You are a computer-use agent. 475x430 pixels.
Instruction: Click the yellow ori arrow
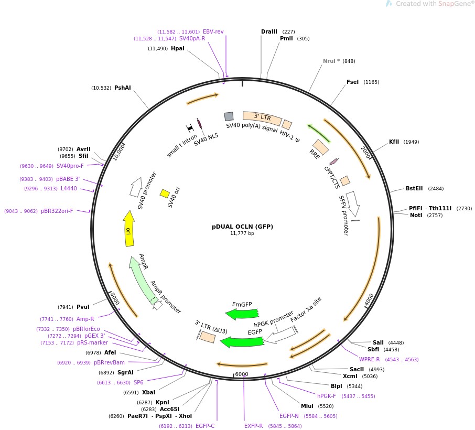pos(129,229)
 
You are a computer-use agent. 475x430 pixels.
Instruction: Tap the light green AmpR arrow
pos(142,279)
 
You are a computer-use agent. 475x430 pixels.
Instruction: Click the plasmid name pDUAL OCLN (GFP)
pos(242,227)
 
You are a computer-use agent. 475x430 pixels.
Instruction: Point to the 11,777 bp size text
pos(242,233)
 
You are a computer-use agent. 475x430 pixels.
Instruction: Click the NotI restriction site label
pos(416,215)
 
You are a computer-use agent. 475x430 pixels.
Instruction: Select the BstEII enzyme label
pos(414,188)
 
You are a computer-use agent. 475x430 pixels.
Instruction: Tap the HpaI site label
pos(178,48)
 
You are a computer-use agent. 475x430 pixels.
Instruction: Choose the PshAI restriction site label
pos(123,88)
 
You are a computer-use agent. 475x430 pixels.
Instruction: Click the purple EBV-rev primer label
pos(213,31)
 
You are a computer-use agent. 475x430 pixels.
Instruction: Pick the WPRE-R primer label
pos(369,359)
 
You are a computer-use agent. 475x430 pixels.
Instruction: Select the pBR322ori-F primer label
pos(57,211)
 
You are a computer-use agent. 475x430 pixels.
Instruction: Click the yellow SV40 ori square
pos(165,193)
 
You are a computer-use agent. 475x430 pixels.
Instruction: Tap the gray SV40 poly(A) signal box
pos(229,116)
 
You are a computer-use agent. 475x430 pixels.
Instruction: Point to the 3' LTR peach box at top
pos(262,118)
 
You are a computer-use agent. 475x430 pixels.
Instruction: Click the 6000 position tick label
pos(242,374)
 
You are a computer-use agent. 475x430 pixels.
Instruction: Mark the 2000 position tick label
pos(365,152)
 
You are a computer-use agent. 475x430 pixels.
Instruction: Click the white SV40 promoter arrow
pos(136,187)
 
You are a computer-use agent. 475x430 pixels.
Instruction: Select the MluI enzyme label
pos(307,406)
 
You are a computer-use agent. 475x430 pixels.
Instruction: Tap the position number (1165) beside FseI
pos(371,82)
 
